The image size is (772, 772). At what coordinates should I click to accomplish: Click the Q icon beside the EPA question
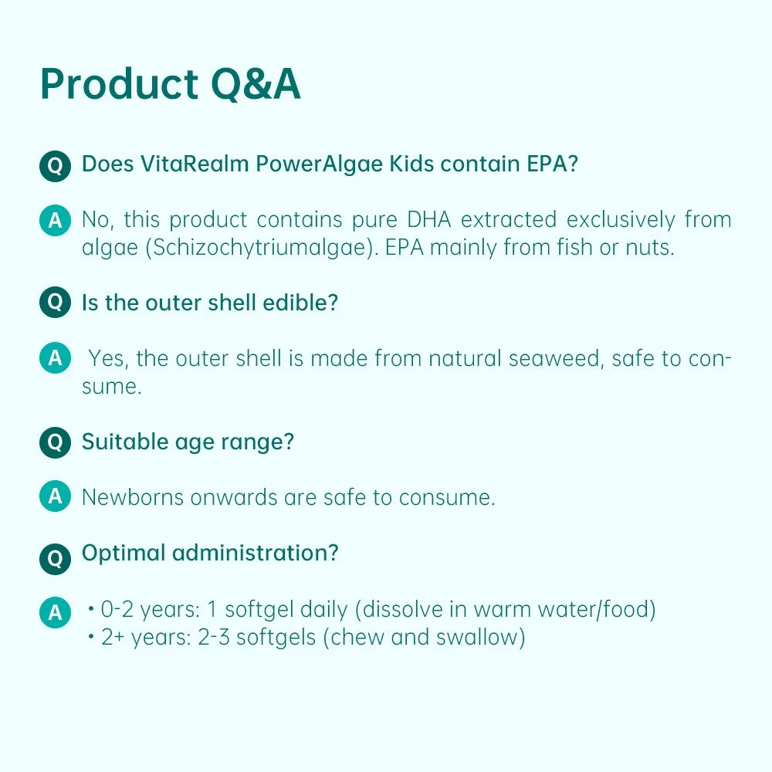(x=56, y=165)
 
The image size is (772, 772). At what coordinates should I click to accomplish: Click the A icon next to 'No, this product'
(x=55, y=221)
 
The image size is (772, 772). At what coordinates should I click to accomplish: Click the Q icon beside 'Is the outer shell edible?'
(x=56, y=303)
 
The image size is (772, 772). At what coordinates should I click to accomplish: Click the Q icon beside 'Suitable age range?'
(x=56, y=442)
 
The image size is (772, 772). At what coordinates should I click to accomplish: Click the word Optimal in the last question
(x=124, y=553)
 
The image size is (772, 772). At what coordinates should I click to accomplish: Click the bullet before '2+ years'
(x=91, y=638)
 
